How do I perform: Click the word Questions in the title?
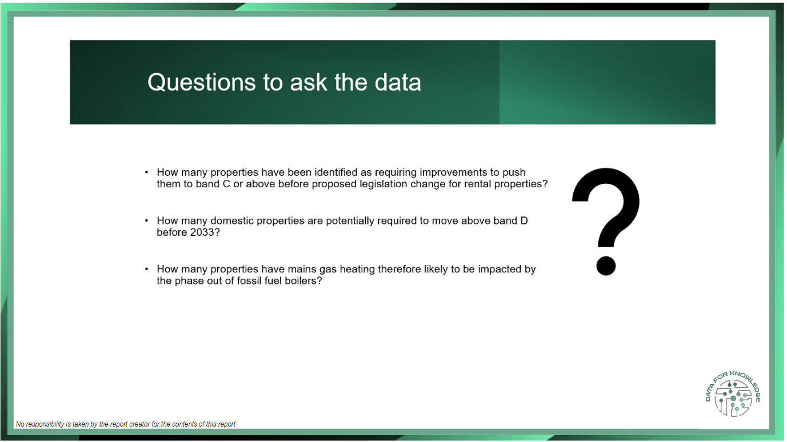click(201, 83)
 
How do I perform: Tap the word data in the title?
click(398, 82)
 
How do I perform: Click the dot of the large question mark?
click(606, 266)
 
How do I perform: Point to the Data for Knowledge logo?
click(733, 394)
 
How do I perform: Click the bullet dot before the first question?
click(146, 172)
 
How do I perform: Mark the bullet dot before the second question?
click(146, 220)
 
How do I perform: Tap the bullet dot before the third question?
click(146, 269)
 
